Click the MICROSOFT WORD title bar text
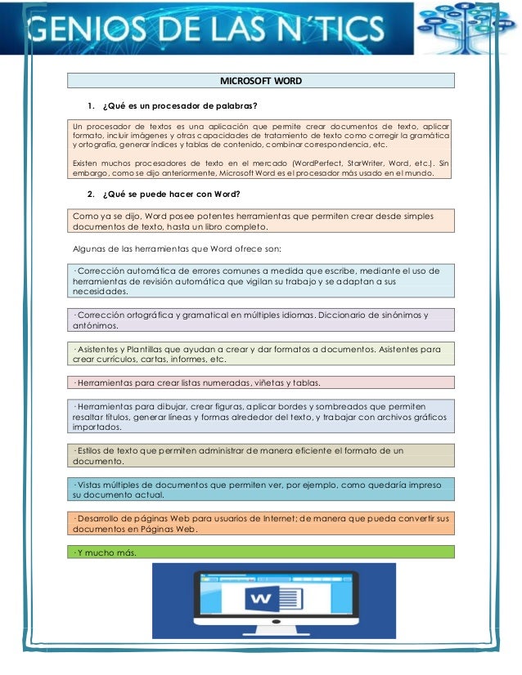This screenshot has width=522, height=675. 261,82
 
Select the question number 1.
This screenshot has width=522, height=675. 90,105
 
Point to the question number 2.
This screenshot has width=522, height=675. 90,194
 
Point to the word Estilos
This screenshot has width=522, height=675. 92,450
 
